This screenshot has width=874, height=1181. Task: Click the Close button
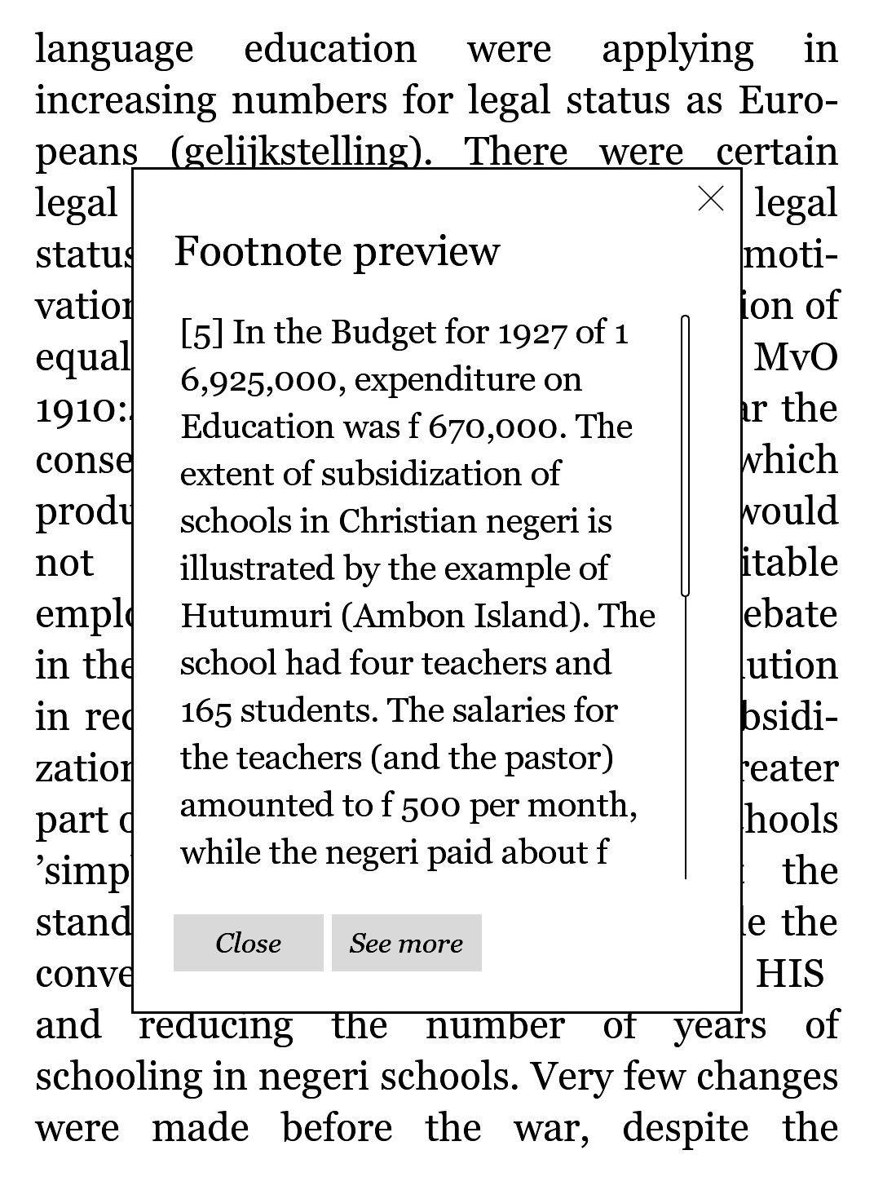point(248,943)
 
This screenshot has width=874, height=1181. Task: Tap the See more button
point(406,943)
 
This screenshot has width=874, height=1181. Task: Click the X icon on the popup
point(711,198)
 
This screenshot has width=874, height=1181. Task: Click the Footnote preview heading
point(337,251)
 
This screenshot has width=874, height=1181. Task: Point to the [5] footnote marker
point(201,333)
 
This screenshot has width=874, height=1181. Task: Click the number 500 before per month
point(432,805)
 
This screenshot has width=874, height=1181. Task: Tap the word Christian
point(407,521)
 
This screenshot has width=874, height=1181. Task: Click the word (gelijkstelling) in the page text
point(301,152)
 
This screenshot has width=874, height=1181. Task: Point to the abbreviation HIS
point(789,974)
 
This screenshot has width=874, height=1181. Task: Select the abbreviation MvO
point(796,357)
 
